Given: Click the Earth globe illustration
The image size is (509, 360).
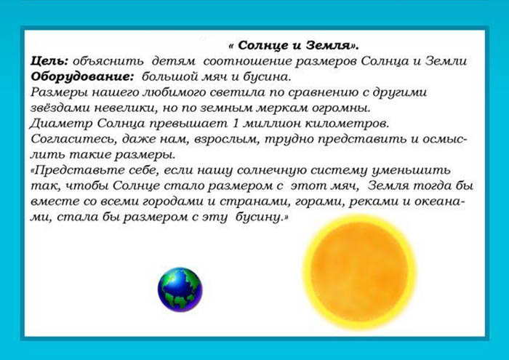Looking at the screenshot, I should pyautogui.click(x=180, y=289).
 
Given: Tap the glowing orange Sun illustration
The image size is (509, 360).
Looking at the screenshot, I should pyautogui.click(x=359, y=271).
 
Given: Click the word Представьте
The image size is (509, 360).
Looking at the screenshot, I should pyautogui.click(x=73, y=169).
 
